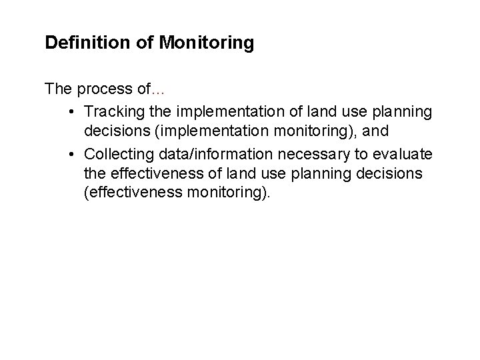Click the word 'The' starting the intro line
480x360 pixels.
click(57, 88)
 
